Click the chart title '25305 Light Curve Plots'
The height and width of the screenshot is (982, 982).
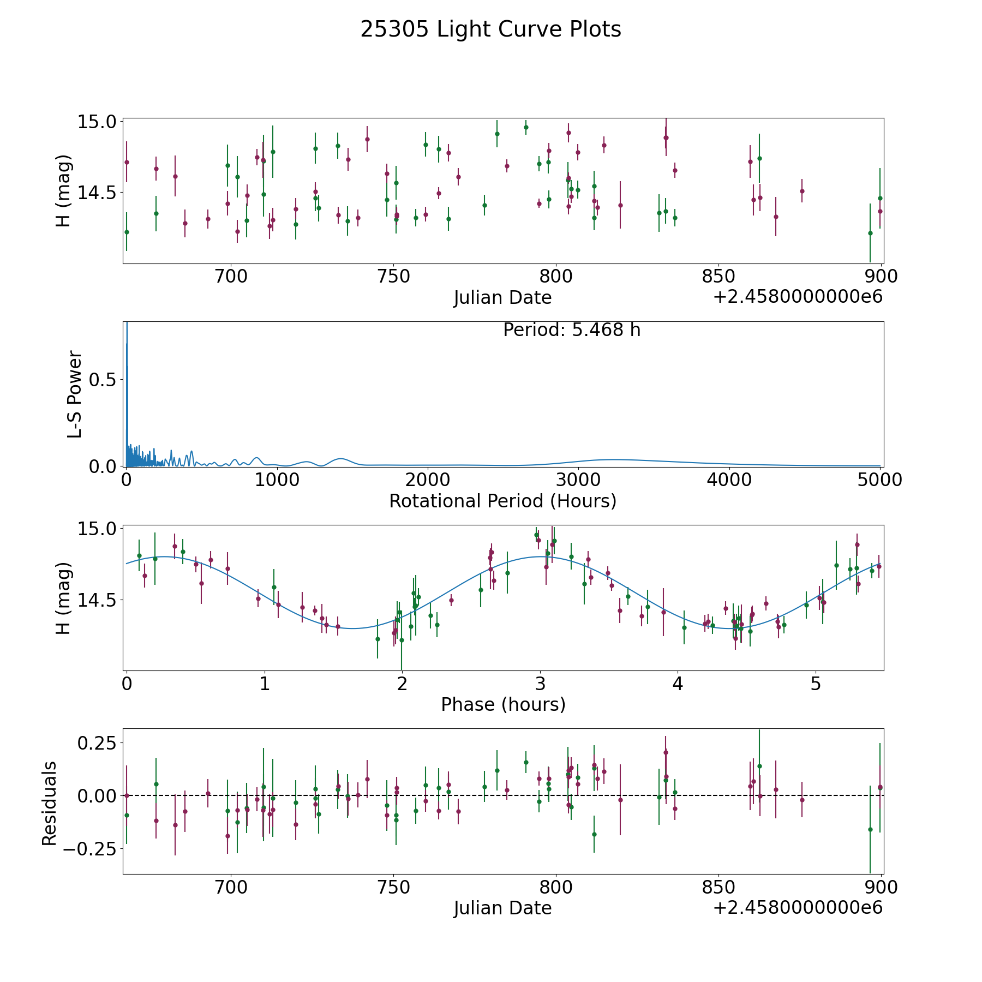pos(490,29)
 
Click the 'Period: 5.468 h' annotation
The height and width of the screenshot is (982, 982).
pos(571,330)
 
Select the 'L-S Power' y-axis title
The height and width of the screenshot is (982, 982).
pos(75,394)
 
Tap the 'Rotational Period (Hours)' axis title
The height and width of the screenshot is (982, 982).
pos(502,501)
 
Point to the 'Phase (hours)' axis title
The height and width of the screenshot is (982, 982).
pos(502,704)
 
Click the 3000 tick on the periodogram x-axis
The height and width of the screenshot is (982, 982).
pos(578,480)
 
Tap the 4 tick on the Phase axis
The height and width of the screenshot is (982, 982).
pos(678,684)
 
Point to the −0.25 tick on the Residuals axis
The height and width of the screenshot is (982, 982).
pos(90,849)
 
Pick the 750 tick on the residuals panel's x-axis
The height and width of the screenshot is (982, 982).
pos(393,888)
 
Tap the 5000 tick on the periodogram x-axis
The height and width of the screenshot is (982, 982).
pos(879,480)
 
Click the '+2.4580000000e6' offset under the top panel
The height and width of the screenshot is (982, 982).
pos(798,297)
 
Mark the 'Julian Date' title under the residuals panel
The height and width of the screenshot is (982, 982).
pos(502,908)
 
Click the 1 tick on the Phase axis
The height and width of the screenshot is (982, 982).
pos(265,684)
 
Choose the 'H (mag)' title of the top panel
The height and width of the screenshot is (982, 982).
pos(64,191)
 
